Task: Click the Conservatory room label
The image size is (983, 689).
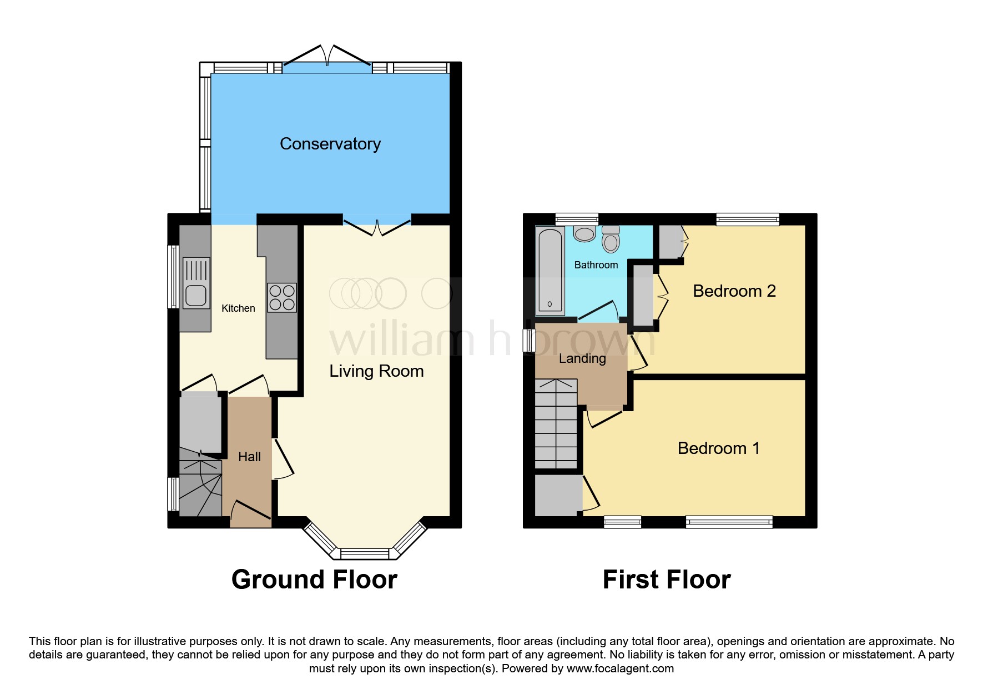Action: (330, 144)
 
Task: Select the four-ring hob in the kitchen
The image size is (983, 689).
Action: (282, 297)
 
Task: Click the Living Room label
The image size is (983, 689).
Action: (376, 371)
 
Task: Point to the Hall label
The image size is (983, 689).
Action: (249, 457)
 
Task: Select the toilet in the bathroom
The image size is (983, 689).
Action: (611, 240)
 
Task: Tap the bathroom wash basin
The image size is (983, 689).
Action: (584, 233)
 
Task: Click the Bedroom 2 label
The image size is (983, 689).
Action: (734, 291)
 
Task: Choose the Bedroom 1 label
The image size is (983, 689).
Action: (718, 448)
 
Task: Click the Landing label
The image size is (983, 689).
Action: (582, 359)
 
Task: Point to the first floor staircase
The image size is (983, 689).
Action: (556, 425)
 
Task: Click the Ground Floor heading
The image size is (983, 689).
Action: (314, 580)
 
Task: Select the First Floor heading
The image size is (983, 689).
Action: (666, 580)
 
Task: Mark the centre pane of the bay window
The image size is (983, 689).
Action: (365, 553)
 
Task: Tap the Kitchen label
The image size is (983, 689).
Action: (238, 308)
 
